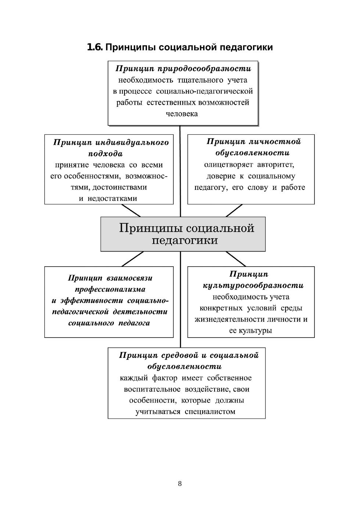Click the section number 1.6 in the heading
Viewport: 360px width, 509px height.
click(95, 47)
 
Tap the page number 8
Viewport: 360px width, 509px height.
click(180, 483)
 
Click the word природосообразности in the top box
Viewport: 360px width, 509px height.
click(204, 69)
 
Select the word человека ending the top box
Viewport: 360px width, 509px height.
click(182, 113)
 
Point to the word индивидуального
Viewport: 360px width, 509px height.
click(132, 142)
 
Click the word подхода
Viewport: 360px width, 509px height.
click(105, 154)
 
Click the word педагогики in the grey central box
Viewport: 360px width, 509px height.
click(185, 240)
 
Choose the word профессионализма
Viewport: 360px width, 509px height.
click(110, 289)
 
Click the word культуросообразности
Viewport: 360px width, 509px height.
click(253, 285)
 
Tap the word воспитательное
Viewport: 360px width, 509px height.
click(152, 389)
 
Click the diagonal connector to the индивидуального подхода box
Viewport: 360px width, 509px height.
click(131, 210)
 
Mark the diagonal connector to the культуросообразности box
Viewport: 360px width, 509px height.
click(236, 259)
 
